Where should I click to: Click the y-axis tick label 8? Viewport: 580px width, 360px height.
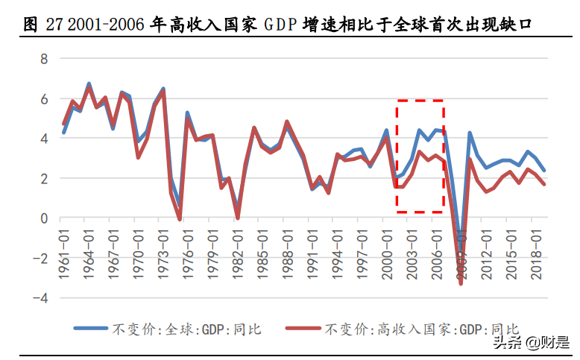pyautogui.click(x=44, y=59)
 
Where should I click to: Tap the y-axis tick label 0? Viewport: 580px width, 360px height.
pyautogui.click(x=44, y=218)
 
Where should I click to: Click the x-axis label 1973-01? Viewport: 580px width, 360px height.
pyautogui.click(x=163, y=254)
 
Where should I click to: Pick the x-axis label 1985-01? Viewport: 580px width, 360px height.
pyautogui.click(x=261, y=254)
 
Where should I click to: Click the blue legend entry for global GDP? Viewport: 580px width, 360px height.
pyautogui.click(x=168, y=328)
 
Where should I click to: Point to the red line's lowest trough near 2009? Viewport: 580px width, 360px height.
pyautogui.click(x=461, y=283)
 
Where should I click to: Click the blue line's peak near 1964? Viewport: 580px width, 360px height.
pyautogui.click(x=89, y=84)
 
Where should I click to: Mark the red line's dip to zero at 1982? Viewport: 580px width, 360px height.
pyautogui.click(x=238, y=218)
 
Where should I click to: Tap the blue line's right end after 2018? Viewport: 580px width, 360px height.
pyautogui.click(x=543, y=171)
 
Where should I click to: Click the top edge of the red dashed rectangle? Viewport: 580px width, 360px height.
pyautogui.click(x=420, y=100)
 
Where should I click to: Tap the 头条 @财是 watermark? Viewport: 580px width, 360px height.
pyautogui.click(x=530, y=342)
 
